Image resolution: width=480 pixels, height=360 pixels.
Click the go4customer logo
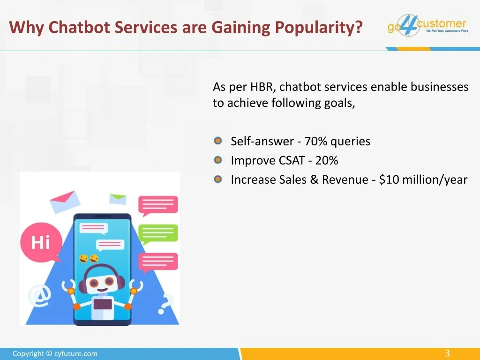[x=427, y=25]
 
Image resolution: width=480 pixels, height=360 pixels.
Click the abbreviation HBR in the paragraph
[x=261, y=87]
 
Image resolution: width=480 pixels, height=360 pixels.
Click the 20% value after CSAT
[x=327, y=160]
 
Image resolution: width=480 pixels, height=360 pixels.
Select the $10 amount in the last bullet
[x=389, y=180]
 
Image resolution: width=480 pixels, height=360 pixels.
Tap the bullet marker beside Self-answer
[x=217, y=141]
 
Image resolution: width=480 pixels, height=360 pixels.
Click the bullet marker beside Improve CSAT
[x=217, y=160]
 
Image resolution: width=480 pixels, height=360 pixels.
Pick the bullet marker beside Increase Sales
[x=217, y=179]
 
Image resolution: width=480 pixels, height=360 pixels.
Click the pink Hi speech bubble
[x=41, y=242]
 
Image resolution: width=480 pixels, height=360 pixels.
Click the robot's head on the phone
[x=101, y=281]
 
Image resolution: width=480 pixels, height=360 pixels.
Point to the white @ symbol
[x=40, y=295]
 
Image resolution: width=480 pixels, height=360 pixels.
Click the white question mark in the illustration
[x=166, y=304]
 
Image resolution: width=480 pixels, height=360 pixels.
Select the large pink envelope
[x=65, y=202]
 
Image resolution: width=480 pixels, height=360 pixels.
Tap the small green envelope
[x=118, y=199]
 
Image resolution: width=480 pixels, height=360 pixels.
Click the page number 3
[x=447, y=353]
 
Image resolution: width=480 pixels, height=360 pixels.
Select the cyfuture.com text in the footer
[x=75, y=353]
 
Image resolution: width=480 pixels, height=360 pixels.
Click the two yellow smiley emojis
[x=89, y=259]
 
